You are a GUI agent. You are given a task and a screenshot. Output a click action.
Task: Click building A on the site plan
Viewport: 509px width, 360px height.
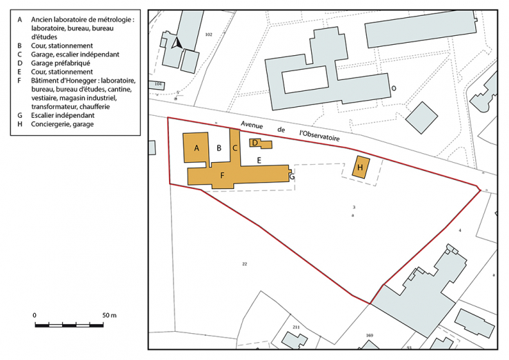pos(197,148)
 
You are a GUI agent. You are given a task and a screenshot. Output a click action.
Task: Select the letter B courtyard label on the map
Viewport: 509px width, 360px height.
pos(219,148)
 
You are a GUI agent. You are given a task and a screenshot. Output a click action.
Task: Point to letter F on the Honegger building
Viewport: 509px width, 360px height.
pos(222,175)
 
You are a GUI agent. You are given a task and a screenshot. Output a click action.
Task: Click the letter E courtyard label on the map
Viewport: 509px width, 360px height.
pos(259,160)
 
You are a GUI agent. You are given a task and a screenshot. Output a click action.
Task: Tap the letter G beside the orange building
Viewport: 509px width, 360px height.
pos(292,177)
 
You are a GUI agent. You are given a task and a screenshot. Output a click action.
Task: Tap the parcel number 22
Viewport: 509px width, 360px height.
pos(244,263)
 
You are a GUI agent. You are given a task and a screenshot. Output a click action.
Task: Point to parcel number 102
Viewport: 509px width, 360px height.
pos(208,34)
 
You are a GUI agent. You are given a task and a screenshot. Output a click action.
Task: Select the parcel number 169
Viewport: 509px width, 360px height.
pos(369,335)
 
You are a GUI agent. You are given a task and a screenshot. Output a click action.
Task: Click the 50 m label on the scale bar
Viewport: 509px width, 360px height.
pos(109,314)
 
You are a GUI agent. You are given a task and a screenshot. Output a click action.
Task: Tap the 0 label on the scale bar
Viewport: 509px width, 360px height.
pos(34,314)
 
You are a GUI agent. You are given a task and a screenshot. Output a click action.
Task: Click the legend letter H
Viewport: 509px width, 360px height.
pos(21,124)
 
